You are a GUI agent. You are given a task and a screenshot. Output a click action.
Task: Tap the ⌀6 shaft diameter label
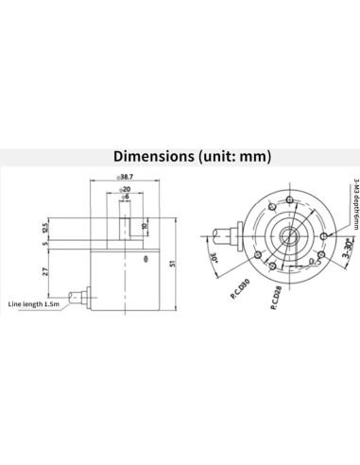coord(126,198)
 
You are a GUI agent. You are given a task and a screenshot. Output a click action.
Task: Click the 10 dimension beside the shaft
coord(145,227)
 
